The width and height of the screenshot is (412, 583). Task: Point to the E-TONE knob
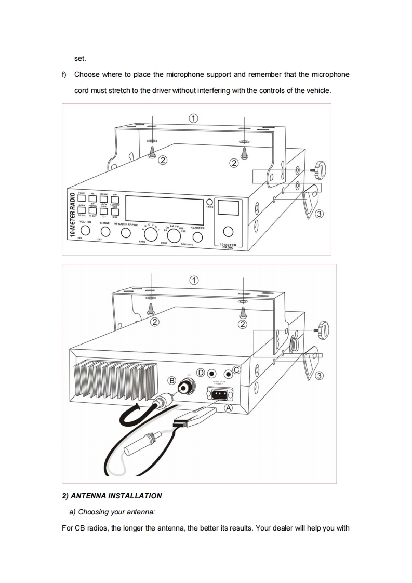[x=105, y=232]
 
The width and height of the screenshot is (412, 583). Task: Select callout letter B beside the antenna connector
[x=171, y=380]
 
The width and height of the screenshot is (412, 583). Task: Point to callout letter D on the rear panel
[x=200, y=373]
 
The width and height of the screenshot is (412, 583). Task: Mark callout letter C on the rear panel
[x=236, y=370]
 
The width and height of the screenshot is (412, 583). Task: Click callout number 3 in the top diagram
[x=320, y=214]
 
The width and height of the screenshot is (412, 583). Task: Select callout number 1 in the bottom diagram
[x=193, y=281]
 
